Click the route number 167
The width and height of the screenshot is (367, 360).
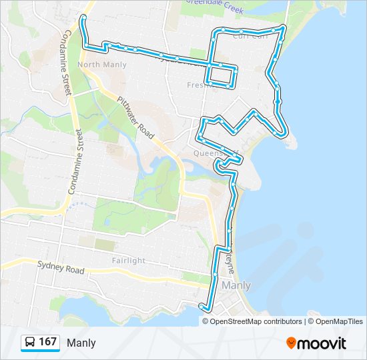coord(47,342)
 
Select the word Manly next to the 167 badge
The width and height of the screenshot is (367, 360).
coord(81,343)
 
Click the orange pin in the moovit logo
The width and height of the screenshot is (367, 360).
coord(292,343)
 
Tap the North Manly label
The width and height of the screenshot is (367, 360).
coord(101,65)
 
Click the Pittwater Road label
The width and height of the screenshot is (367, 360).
coord(136,117)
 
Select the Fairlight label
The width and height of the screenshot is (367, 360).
coord(129,261)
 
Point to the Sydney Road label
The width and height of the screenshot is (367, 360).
coord(61,267)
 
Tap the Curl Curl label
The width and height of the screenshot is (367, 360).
coord(250,37)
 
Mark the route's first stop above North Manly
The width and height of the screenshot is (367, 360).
coord(83,18)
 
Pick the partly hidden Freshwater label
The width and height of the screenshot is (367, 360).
coord(198,85)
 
